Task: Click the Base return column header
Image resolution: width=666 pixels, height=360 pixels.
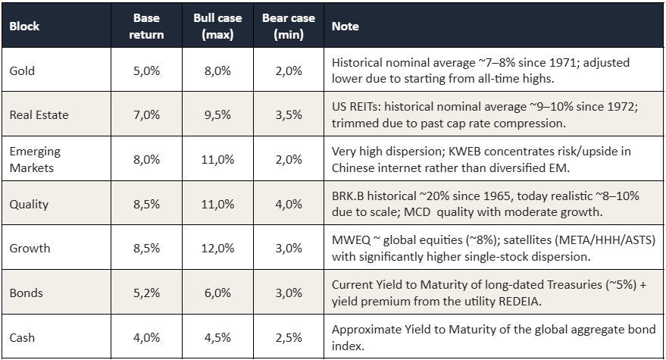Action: (x=146, y=26)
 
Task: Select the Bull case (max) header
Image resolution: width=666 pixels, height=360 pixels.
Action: (x=217, y=26)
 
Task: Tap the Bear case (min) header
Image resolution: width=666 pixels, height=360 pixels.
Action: (x=289, y=26)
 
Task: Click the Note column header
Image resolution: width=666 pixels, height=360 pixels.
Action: (x=345, y=27)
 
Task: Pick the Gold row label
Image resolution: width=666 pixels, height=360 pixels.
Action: (x=22, y=70)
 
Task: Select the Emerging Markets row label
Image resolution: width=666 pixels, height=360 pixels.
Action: (x=35, y=159)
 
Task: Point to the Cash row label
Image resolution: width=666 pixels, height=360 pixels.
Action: (x=22, y=337)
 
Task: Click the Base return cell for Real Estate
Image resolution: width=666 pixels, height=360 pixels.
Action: (x=146, y=114)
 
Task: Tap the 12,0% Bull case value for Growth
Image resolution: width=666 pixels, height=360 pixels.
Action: (x=217, y=249)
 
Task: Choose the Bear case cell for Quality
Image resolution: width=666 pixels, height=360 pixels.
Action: (x=289, y=204)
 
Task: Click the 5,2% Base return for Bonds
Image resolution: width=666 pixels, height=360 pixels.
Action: (x=146, y=293)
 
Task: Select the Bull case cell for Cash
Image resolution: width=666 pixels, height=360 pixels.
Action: (x=217, y=337)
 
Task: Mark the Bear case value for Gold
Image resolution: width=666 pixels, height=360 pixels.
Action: (x=289, y=70)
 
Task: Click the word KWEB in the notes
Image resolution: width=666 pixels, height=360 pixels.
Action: (x=462, y=152)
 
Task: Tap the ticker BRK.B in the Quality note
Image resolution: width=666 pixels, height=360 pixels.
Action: (x=348, y=196)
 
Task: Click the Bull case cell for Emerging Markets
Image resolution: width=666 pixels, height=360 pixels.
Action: (x=217, y=159)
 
